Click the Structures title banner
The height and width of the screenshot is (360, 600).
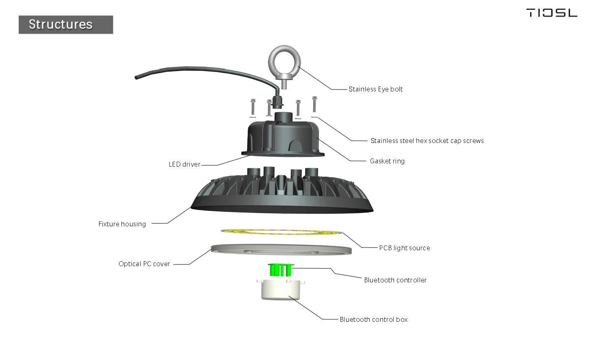click(66, 25)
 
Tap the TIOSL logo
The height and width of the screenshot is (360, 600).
click(552, 13)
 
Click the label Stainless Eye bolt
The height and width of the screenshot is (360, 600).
click(375, 89)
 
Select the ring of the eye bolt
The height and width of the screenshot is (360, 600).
click(284, 61)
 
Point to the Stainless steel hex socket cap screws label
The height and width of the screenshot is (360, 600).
click(427, 141)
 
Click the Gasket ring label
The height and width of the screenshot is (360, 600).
click(387, 161)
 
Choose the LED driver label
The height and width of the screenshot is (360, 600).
click(184, 165)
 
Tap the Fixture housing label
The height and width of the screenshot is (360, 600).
click(122, 224)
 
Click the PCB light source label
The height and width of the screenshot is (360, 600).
click(404, 248)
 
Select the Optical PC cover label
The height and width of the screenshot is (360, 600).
click(144, 264)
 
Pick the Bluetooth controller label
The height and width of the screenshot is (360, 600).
click(395, 280)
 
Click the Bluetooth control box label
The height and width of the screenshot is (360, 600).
click(374, 320)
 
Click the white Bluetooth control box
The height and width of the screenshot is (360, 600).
click(281, 290)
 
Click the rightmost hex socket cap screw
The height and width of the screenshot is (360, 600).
click(314, 104)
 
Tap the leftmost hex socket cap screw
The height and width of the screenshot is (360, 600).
click(253, 107)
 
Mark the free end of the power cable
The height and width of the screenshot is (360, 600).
click(137, 77)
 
